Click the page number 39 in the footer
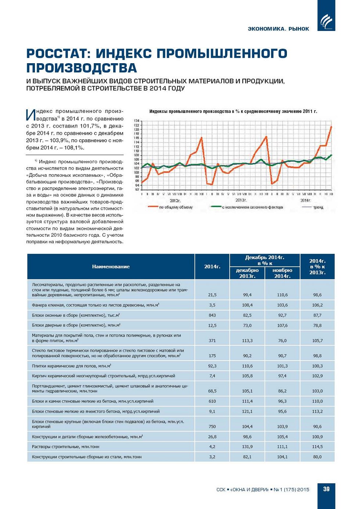pos(326,489)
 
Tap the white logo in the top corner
pos(327,22)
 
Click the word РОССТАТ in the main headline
pos(58,54)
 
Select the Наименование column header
pos(111,267)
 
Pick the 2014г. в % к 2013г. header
pos(317,267)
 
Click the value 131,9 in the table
pos(247,447)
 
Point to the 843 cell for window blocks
pos(212,315)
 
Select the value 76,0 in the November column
pos(282,341)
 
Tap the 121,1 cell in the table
pos(247,412)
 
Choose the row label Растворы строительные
pos(65,447)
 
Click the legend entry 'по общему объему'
pos(176,207)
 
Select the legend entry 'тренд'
pos(318,207)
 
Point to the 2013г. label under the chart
pos(241,200)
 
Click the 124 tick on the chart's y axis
pos(136,121)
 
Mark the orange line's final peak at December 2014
pos(331,127)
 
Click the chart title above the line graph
pos(233,111)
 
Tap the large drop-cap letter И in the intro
pos(30,115)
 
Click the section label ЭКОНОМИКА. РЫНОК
pos(278,29)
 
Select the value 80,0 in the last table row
pos(317,457)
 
